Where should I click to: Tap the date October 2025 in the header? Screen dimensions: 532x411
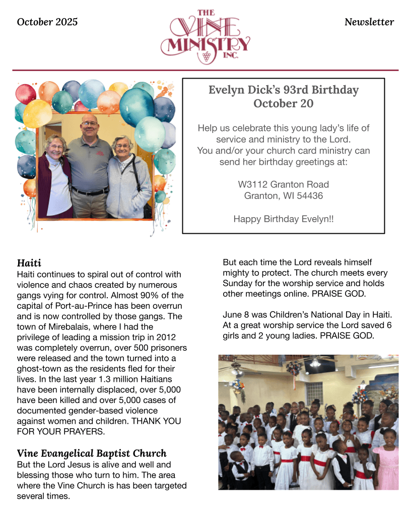tap(47, 22)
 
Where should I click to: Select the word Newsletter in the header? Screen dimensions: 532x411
tap(369, 22)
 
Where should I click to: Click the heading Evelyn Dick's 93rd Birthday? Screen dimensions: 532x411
tap(283, 90)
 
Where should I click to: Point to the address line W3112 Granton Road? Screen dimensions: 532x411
tap(283, 184)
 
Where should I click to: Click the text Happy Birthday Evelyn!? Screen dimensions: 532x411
tap(283, 219)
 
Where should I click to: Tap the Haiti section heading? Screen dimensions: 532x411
tap(29, 263)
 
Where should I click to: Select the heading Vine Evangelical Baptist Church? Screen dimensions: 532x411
tap(92, 453)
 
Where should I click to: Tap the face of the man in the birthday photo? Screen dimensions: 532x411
tap(89, 126)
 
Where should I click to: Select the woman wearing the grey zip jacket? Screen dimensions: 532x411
tap(127, 181)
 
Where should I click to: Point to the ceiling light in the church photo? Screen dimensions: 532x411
tap(315, 363)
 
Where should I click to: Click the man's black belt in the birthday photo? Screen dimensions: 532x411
tap(90, 192)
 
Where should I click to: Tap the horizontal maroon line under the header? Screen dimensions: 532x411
tap(205, 70)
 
